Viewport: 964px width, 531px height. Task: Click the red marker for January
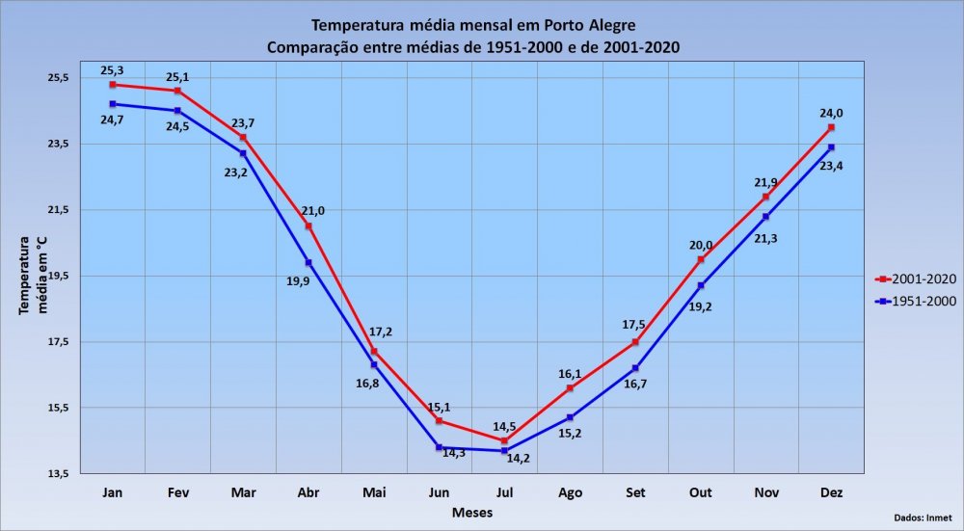pyautogui.click(x=113, y=85)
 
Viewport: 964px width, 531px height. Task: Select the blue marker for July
pyautogui.click(x=504, y=451)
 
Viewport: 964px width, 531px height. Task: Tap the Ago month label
pyautogui.click(x=570, y=493)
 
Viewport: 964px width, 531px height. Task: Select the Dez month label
pyautogui.click(x=831, y=493)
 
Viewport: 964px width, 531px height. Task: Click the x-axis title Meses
pyautogui.click(x=472, y=513)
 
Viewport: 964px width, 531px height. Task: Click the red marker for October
pyautogui.click(x=701, y=259)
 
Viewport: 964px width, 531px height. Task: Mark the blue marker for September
pyautogui.click(x=635, y=368)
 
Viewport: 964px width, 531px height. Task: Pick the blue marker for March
pyautogui.click(x=243, y=153)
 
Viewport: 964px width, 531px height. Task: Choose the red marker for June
pyautogui.click(x=439, y=421)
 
